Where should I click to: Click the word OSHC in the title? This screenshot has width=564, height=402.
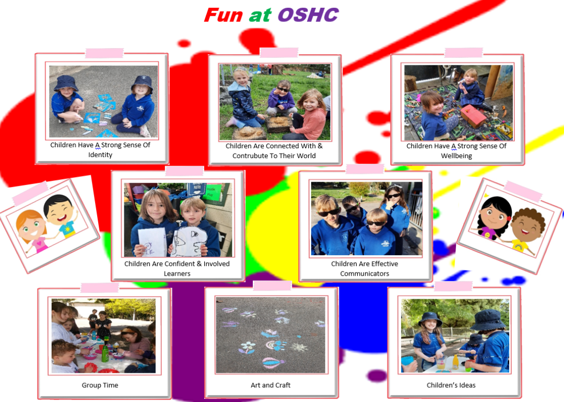pyautogui.click(x=308, y=15)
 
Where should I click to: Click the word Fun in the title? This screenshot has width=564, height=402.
pyautogui.click(x=224, y=15)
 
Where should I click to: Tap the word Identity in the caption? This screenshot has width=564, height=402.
pyautogui.click(x=100, y=155)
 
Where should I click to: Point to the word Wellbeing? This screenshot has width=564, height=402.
pyautogui.click(x=456, y=156)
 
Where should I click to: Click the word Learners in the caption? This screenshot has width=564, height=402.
pyautogui.click(x=177, y=274)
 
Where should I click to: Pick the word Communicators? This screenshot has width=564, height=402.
pyautogui.click(x=365, y=274)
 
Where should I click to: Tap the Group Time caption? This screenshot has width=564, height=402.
pyautogui.click(x=100, y=385)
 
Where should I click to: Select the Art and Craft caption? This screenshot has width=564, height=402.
pyautogui.click(x=271, y=385)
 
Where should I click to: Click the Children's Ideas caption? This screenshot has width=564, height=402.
pyautogui.click(x=451, y=385)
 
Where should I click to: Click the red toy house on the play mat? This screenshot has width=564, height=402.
pyautogui.click(x=473, y=115)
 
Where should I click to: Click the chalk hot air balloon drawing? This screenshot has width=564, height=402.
pyautogui.click(x=273, y=363)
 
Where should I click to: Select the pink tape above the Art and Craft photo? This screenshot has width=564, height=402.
pyautogui.click(x=272, y=286)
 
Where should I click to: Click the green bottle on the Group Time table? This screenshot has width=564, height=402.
pyautogui.click(x=105, y=353)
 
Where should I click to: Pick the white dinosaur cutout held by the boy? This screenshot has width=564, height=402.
pyautogui.click(x=188, y=241)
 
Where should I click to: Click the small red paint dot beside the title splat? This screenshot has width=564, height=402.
pyautogui.click(x=184, y=43)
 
